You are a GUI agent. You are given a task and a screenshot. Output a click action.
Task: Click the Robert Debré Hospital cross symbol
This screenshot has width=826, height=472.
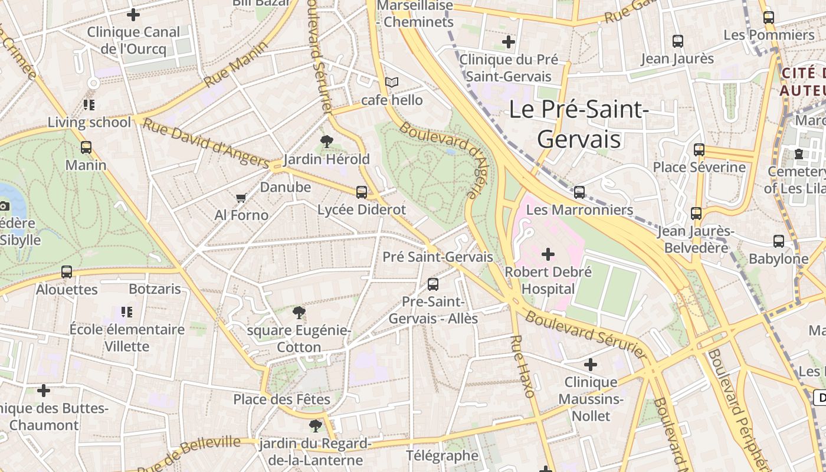click(548, 254)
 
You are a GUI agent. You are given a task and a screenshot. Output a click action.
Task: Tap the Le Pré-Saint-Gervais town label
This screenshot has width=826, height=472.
click(579, 124)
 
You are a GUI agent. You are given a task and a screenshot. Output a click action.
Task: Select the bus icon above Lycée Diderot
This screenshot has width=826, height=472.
click(362, 192)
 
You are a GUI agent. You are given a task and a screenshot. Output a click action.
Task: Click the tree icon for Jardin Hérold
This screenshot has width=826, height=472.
click(326, 141)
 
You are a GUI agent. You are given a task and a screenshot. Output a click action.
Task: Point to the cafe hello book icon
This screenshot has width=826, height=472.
click(392, 83)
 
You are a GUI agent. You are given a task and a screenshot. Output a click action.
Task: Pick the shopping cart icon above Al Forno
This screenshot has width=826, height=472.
click(241, 198)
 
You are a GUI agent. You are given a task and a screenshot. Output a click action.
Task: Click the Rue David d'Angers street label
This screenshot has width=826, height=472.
click(206, 143)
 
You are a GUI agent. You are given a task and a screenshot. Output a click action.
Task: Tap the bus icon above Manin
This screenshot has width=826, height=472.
click(86, 147)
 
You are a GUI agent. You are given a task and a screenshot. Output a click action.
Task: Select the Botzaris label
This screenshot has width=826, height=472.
click(155, 289)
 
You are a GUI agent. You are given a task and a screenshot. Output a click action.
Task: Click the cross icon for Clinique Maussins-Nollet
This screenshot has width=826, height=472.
click(591, 365)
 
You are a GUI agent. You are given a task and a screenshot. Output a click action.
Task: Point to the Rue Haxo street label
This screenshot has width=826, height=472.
click(523, 366)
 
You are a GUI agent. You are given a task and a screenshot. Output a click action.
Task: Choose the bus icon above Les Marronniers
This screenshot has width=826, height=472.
click(579, 192)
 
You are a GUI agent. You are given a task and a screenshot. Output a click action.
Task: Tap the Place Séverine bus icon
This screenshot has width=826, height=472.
click(699, 149)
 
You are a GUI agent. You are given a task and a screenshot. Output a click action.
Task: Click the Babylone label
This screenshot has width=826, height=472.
click(778, 258)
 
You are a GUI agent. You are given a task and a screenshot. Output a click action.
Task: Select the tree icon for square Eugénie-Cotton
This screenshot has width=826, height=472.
click(299, 312)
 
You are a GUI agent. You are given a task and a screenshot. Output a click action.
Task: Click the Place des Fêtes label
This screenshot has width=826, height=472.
click(281, 399)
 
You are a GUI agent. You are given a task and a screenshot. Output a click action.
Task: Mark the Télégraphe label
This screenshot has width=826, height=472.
click(442, 455)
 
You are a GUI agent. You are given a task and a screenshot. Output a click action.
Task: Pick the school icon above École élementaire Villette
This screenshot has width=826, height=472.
click(127, 312)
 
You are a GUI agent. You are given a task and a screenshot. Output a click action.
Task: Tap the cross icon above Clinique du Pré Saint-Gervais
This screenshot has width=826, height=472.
click(509, 42)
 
